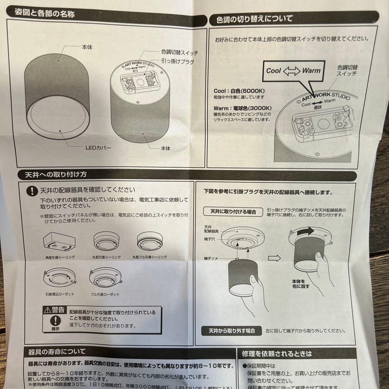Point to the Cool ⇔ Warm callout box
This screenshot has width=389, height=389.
(293, 71)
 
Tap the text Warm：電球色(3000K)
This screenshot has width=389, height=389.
(242, 108)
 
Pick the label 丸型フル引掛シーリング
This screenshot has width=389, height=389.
(149, 258)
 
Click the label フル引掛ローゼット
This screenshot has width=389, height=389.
(105, 294)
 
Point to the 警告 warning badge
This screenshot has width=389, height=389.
(54, 310)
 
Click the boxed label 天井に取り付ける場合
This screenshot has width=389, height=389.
(233, 212)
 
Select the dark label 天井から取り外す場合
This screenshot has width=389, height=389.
(232, 331)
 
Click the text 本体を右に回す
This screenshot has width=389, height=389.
(299, 283)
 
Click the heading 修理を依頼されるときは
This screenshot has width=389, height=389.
(277, 354)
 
